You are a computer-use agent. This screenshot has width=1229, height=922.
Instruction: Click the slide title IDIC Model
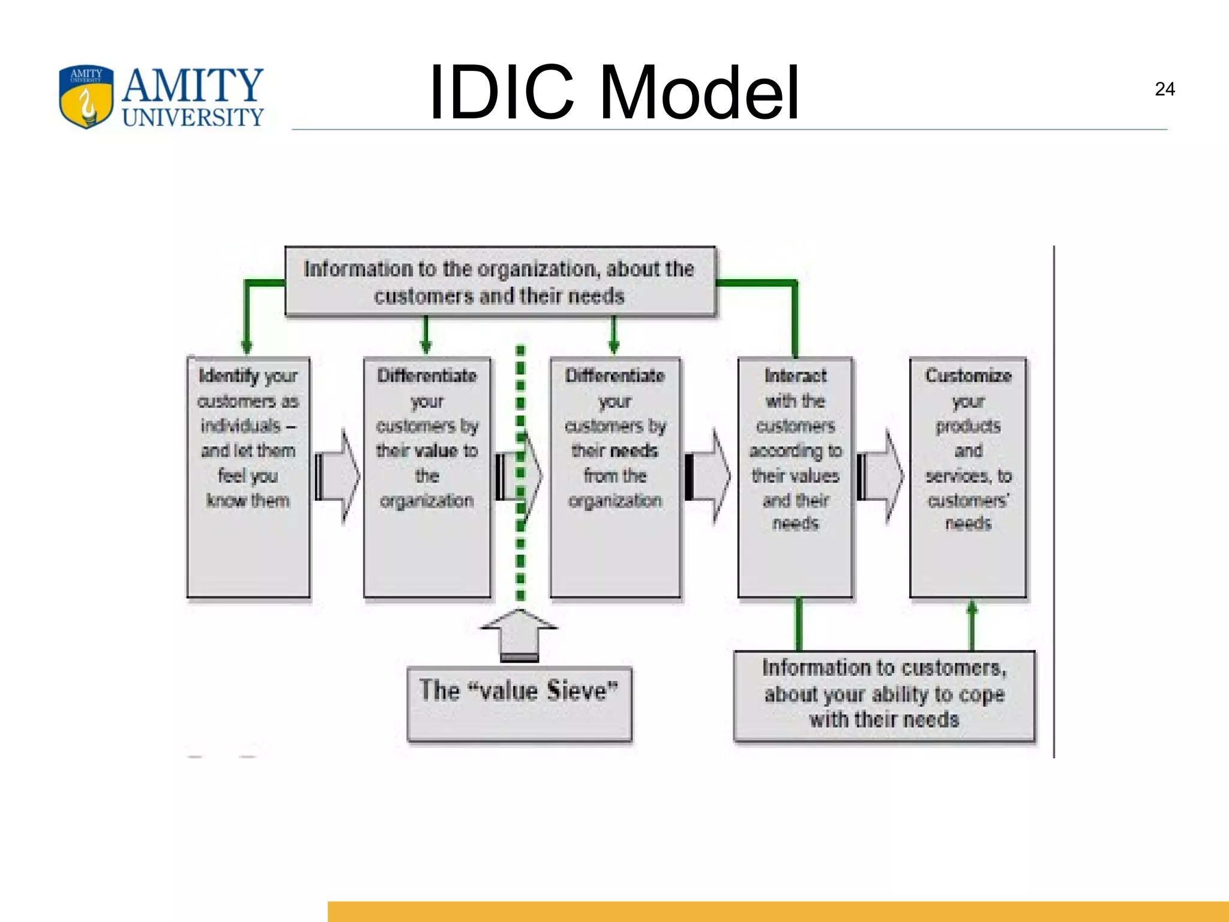pyautogui.click(x=613, y=93)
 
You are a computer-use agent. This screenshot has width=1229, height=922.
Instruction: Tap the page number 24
pyautogui.click(x=1164, y=89)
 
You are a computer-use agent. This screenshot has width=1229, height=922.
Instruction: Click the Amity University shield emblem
pyautogui.click(x=86, y=97)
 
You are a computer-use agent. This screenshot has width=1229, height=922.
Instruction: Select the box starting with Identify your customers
pyautogui.click(x=248, y=477)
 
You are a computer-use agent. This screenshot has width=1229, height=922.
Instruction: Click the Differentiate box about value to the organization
pyautogui.click(x=427, y=477)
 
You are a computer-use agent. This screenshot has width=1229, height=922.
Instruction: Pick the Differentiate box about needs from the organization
pyautogui.click(x=615, y=477)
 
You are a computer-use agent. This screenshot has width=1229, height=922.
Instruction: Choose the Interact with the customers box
pyautogui.click(x=795, y=477)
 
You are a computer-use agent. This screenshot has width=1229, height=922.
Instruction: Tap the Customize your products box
pyautogui.click(x=968, y=477)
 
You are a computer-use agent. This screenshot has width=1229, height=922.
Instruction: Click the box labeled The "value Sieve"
pyautogui.click(x=519, y=704)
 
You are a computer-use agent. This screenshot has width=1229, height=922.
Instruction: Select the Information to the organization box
pyautogui.click(x=500, y=282)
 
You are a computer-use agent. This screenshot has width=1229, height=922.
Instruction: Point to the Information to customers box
pyautogui.click(x=885, y=695)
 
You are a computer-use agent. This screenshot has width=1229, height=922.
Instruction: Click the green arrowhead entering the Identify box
pyautogui.click(x=246, y=347)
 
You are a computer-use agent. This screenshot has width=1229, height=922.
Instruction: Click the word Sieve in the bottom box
pyautogui.click(x=581, y=690)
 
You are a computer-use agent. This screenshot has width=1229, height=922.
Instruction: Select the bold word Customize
pyautogui.click(x=968, y=376)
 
